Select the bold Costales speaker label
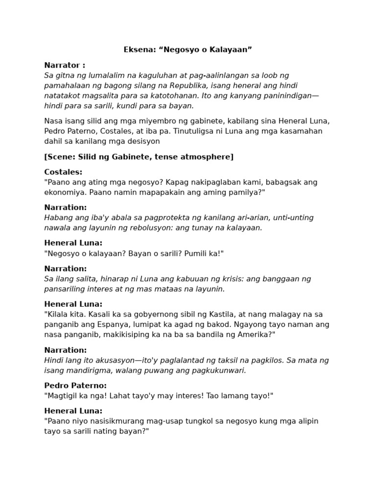pyautogui.click(x=63, y=172)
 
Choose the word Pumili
pyautogui.click(x=193, y=253)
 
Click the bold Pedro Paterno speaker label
pyautogui.click(x=75, y=386)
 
